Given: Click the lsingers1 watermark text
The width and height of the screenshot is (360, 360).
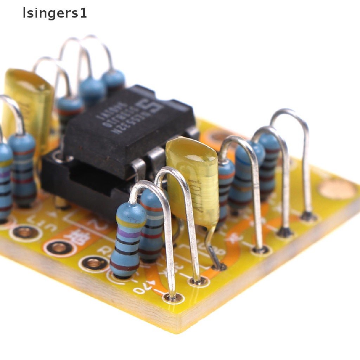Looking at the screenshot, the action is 54,13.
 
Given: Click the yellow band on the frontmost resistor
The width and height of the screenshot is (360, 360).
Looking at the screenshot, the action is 131,221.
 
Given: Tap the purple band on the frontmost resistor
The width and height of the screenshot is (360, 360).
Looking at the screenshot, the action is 128,234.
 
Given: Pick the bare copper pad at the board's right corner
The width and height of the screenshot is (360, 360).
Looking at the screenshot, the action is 337,189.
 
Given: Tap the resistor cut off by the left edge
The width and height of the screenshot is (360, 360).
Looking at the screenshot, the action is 5,183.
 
